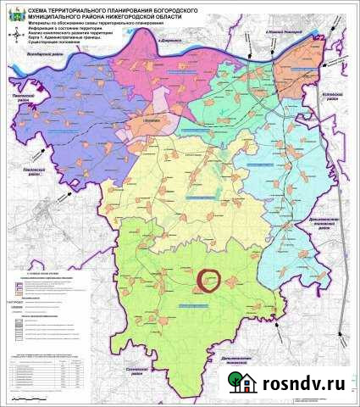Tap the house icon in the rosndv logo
(x=237, y=387)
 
